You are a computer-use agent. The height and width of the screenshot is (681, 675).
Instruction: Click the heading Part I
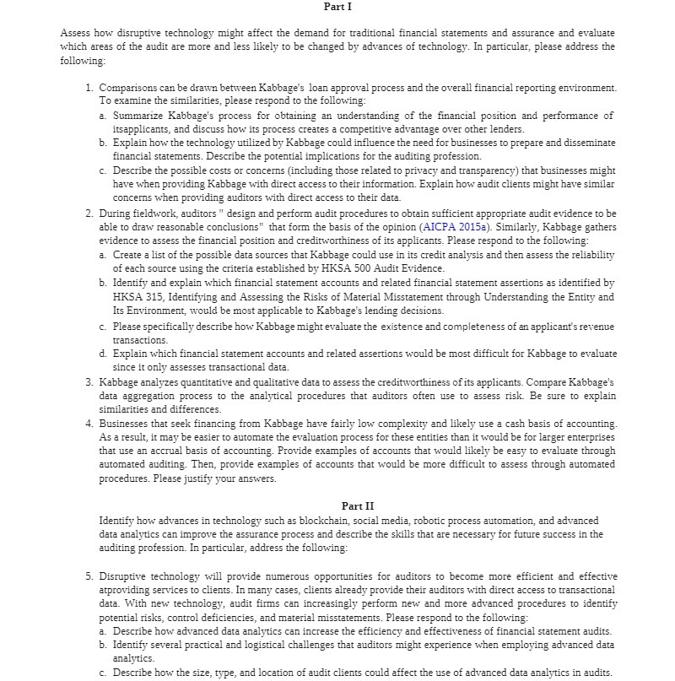click(337, 6)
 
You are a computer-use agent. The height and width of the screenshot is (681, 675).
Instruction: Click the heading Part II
click(357, 505)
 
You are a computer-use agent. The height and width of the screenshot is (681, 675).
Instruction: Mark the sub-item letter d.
click(103, 354)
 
